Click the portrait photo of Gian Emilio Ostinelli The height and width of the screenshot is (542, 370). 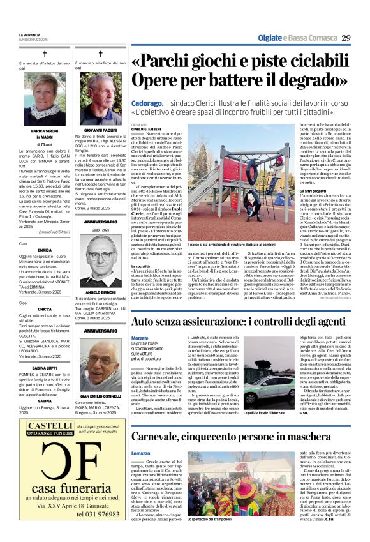coord(100,361)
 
